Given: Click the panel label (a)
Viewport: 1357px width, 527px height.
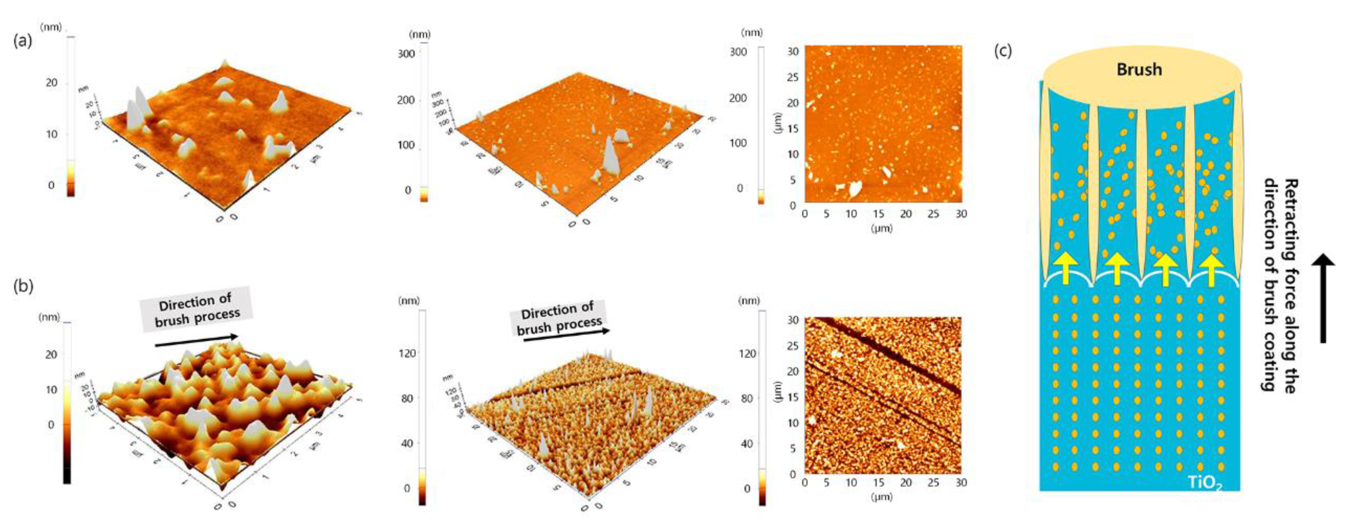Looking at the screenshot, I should (x=23, y=41).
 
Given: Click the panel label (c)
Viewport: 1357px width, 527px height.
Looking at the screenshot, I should (x=1002, y=51).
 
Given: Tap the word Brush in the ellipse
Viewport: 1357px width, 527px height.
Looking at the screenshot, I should (x=1139, y=70).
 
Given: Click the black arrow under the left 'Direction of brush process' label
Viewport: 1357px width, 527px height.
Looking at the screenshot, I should (x=196, y=341).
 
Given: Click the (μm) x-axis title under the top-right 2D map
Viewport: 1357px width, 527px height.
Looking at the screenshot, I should (x=881, y=228).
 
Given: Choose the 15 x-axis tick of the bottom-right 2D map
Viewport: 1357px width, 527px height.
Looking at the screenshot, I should (x=878, y=482).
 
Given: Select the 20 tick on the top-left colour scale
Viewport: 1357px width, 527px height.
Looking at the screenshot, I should (x=51, y=83).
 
